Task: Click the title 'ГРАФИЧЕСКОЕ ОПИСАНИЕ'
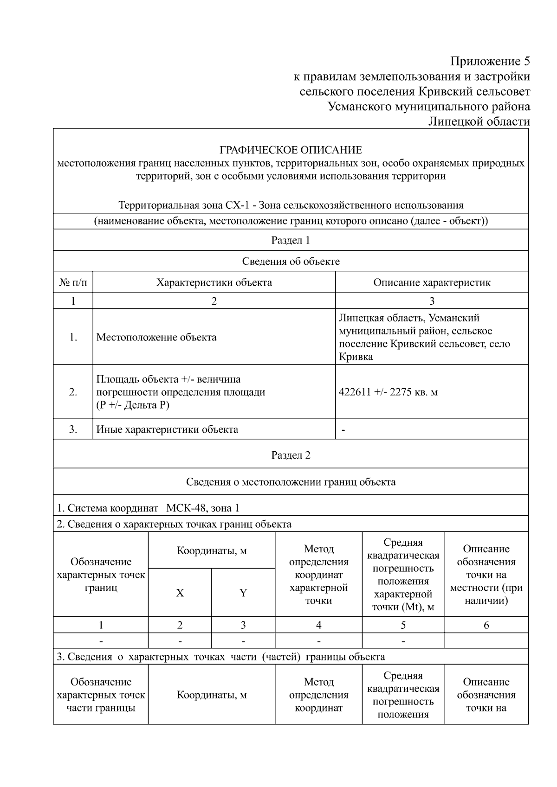tap(291, 150)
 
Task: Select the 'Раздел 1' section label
tap(291, 240)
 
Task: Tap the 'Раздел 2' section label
tap(291, 455)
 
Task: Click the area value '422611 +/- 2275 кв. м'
tap(388, 392)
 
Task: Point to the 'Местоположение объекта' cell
tap(156, 337)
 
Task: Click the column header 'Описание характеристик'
tap(432, 282)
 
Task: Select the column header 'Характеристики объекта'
tap(214, 282)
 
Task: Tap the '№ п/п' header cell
tap(73, 282)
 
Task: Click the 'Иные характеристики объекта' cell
tap(167, 429)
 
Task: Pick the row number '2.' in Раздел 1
tap(73, 392)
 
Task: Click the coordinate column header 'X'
tap(180, 593)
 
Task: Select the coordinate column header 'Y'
tap(243, 593)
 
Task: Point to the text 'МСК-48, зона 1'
tap(203, 508)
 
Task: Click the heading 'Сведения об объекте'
tap(291, 261)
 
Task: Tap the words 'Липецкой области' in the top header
tap(479, 122)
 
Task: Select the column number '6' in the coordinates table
tap(486, 625)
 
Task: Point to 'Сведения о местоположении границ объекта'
tap(291, 482)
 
